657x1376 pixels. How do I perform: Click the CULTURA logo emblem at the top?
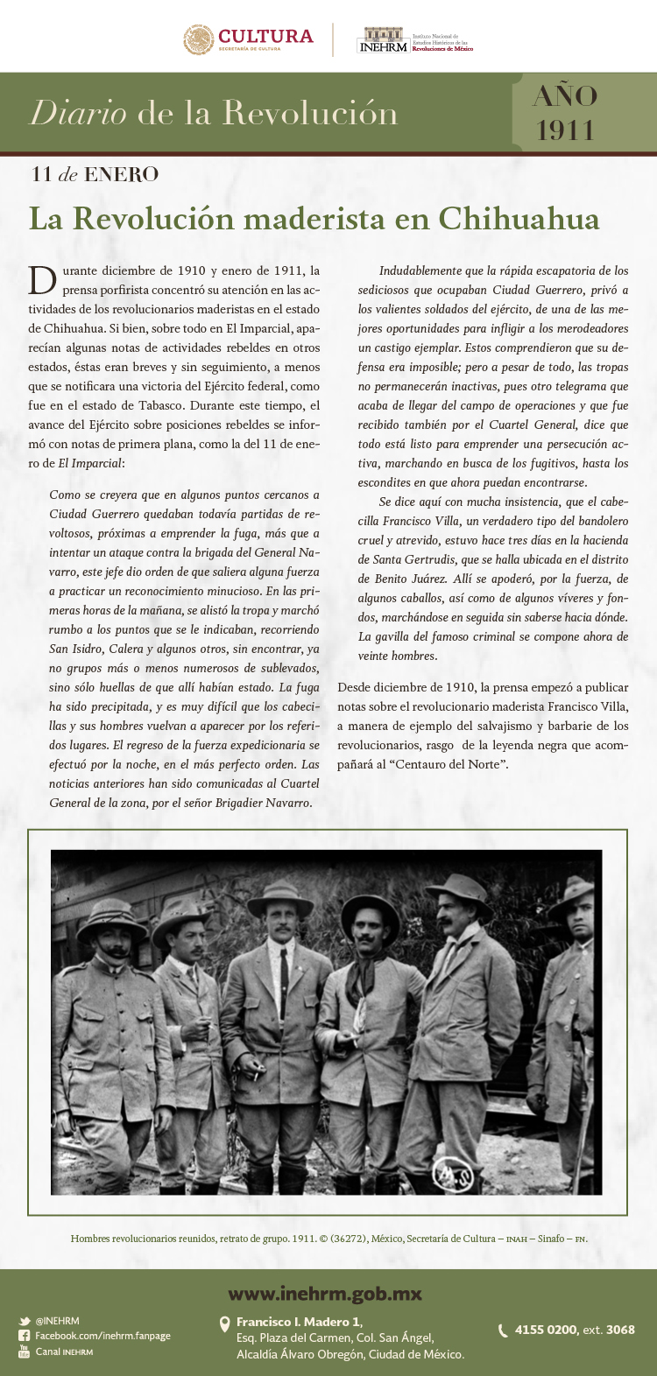[x=199, y=39]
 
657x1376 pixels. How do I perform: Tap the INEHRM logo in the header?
[x=385, y=39]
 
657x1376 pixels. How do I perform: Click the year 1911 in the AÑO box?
[x=565, y=130]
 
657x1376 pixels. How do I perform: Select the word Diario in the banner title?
[x=78, y=114]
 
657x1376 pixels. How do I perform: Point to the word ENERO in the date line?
[x=121, y=174]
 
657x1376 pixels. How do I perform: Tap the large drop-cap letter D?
[x=42, y=280]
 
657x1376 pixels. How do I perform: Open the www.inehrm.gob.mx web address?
[x=325, y=1294]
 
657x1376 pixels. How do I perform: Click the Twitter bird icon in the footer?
[x=25, y=1321]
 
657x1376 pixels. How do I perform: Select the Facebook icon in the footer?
[x=25, y=1336]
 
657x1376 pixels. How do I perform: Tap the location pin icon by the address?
[x=224, y=1324]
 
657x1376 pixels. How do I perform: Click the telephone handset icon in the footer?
[x=503, y=1330]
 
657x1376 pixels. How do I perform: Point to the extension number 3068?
[x=620, y=1330]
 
